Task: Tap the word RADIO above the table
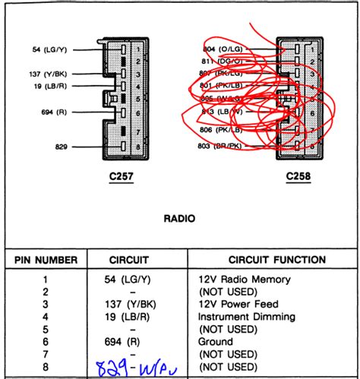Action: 178,218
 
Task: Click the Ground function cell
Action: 216,341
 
